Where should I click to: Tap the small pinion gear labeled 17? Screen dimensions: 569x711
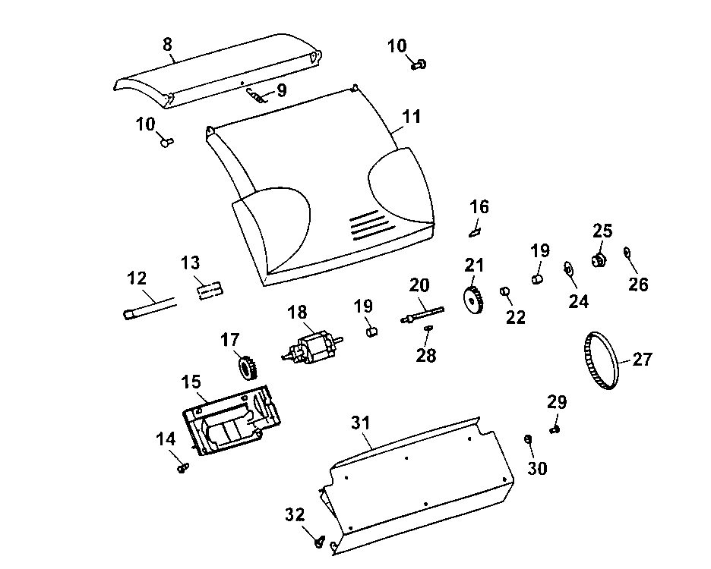[x=245, y=368]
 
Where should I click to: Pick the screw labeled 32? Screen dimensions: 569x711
[x=320, y=541]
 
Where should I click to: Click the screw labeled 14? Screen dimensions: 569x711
[x=182, y=467]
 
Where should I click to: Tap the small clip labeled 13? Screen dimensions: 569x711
[x=209, y=290]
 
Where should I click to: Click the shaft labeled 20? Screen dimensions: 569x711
[x=422, y=313]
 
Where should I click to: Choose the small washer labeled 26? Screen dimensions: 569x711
[x=627, y=253]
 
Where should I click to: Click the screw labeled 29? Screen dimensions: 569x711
[x=555, y=429]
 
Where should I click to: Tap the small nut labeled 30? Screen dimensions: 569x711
[x=528, y=439]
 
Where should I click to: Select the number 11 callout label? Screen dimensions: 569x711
[x=411, y=118]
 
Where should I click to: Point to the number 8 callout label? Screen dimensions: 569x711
[x=167, y=43]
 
